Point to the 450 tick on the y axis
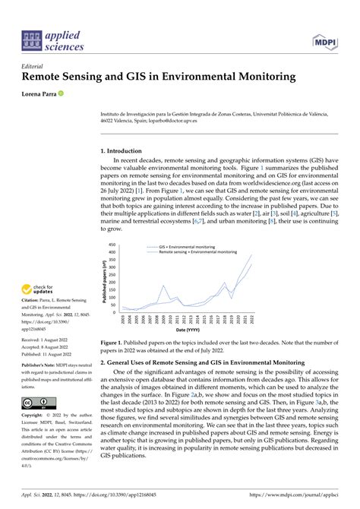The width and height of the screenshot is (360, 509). coord(112,245)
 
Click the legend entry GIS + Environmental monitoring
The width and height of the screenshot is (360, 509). coord(185,247)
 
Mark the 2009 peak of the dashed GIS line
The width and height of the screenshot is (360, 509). coord(163,286)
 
